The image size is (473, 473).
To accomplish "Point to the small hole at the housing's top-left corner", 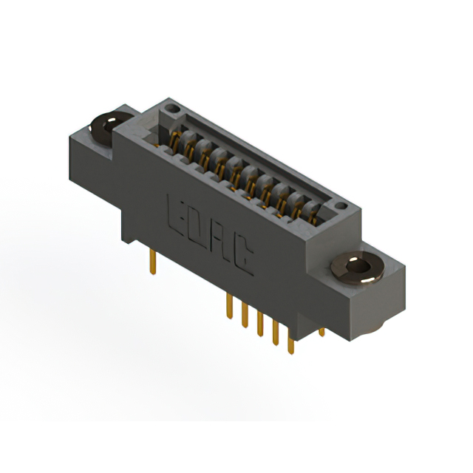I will click(x=172, y=109).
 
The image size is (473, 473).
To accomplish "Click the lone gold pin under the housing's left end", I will click(x=153, y=259).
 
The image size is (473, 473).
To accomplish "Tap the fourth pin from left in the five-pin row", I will click(x=275, y=333).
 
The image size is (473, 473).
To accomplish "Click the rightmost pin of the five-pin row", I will click(x=290, y=342).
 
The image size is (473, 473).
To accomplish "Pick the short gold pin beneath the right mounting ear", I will click(x=321, y=330).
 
